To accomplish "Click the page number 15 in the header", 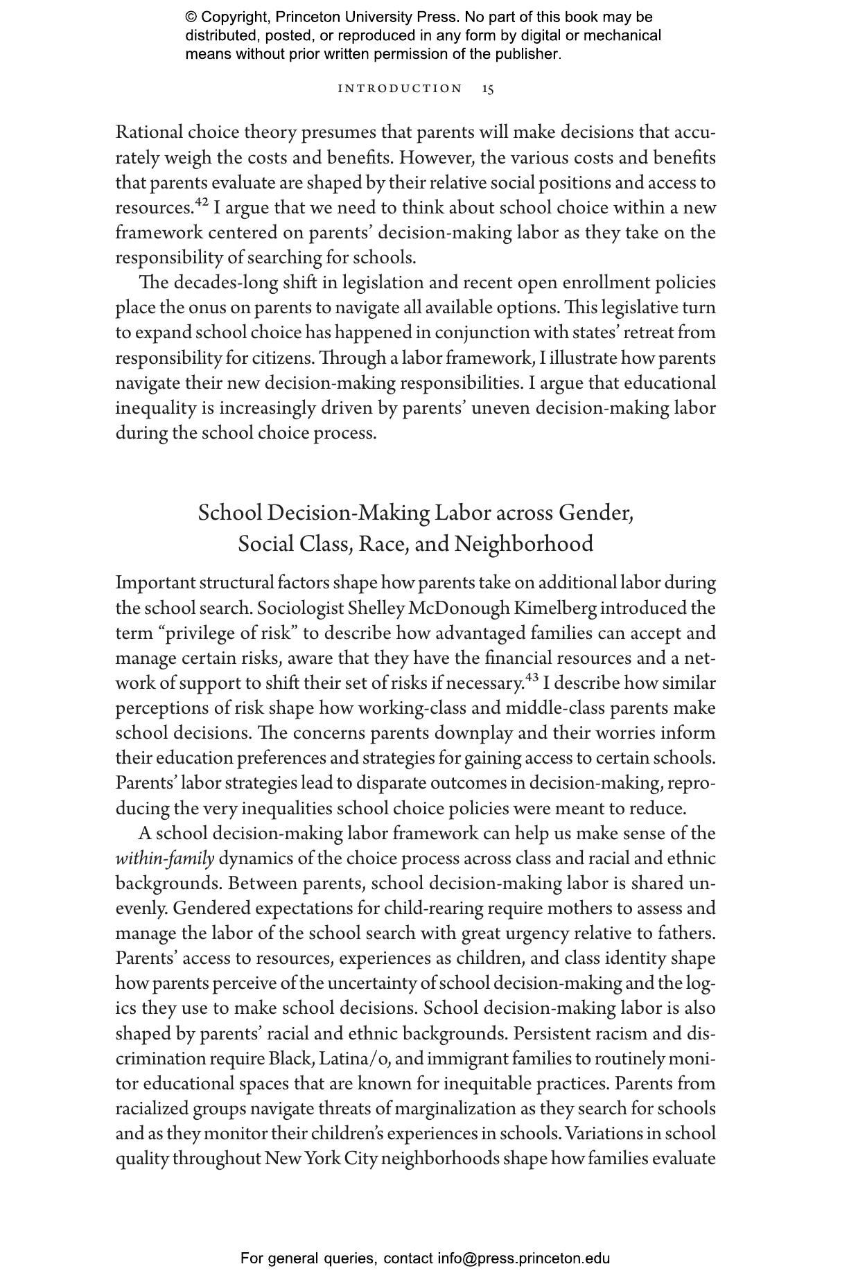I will coord(488,89).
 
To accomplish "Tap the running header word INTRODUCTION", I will coord(400,89).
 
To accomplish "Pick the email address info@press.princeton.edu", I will coord(523,1258).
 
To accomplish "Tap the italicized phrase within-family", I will coord(164,859).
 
